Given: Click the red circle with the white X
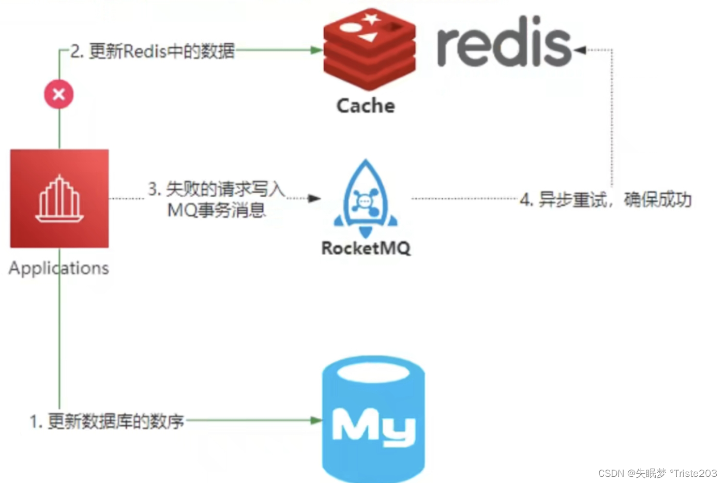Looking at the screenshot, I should coord(58,94).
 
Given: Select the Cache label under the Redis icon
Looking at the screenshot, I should coord(366,106).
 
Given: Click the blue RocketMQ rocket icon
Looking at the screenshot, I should coord(366,199).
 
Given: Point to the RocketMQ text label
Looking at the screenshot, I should coord(366,248).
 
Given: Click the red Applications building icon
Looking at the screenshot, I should coord(59,199).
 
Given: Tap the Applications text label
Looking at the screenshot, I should coord(59,268).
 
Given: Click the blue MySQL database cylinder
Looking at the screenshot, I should coord(373,419).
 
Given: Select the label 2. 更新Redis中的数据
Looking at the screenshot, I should coord(153,51).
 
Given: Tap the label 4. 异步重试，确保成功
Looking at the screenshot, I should coord(606,199).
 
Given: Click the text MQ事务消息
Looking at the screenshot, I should coord(216,210).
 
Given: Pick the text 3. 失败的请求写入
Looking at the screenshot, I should coord(216,189).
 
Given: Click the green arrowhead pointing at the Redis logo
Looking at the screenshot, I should coord(316,50).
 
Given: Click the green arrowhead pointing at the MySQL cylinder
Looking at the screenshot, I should coord(316,420).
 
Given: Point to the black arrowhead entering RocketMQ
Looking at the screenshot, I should coord(314,198).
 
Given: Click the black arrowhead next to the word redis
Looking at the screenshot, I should coord(580,50).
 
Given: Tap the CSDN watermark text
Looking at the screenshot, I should coord(657,473).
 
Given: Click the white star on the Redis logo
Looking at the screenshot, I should coord(371,19).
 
